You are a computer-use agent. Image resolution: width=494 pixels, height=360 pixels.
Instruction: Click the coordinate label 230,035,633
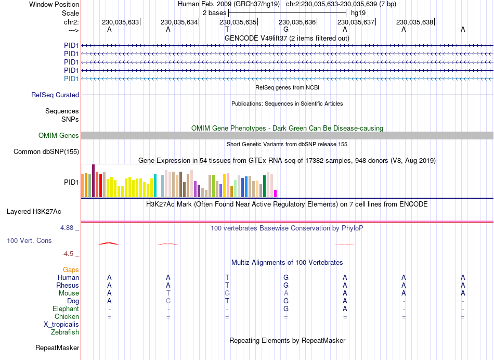[x=121, y=22]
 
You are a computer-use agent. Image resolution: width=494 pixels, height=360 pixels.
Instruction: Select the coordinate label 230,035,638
[x=414, y=22]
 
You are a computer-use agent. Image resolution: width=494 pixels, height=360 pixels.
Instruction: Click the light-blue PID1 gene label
[x=71, y=79]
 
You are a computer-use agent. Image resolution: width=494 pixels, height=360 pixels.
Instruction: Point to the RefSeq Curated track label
[x=55, y=95]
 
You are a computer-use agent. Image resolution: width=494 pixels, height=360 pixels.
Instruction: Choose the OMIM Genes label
[x=59, y=136]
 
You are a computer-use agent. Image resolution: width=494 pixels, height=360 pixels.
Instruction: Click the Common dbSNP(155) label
[x=46, y=152]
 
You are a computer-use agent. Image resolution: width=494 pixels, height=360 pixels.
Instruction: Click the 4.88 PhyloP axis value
[x=68, y=228]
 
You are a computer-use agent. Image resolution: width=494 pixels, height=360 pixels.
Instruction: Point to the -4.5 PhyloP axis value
[x=69, y=254]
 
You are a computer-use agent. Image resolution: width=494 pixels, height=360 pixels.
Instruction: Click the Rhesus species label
[x=68, y=286]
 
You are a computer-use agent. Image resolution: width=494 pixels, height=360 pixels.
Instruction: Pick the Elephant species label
[x=66, y=309]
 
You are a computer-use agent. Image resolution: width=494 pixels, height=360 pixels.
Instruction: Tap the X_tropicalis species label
[x=61, y=325]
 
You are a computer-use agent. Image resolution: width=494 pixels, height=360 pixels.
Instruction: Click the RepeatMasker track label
[x=57, y=348]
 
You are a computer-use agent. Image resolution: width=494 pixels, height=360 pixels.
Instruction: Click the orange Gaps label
[x=71, y=270]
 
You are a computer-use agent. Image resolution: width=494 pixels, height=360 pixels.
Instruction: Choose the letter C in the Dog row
[x=168, y=301]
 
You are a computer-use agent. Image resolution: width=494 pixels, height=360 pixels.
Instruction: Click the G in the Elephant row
[x=286, y=309]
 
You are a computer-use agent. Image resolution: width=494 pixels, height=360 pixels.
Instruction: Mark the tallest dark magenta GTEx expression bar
[x=93, y=181]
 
